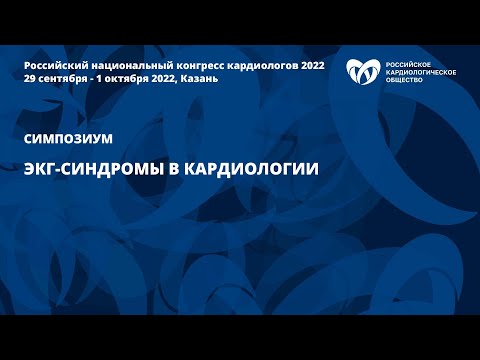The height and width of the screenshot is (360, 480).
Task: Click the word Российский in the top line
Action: [x=51, y=64]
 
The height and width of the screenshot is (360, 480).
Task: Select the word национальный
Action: [x=119, y=64]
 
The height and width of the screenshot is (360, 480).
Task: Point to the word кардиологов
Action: [x=245, y=64]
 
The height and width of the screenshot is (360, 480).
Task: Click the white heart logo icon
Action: [x=362, y=73]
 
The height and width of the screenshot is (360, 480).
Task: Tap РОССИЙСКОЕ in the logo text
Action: [x=406, y=64]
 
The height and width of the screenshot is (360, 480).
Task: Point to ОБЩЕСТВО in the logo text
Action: [x=402, y=80]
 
